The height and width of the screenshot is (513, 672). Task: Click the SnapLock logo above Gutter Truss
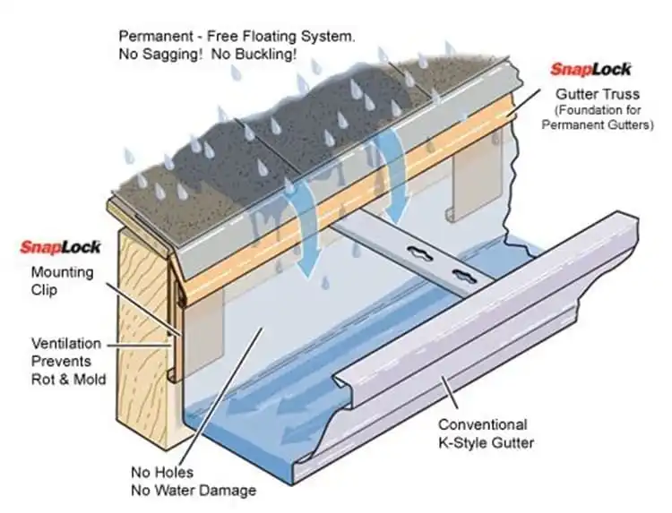coord(590,69)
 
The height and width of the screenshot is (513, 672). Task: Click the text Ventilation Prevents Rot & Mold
coord(69,361)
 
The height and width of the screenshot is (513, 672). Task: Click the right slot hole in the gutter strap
coord(464,274)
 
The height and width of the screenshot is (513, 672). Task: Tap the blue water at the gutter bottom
coord(251,430)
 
